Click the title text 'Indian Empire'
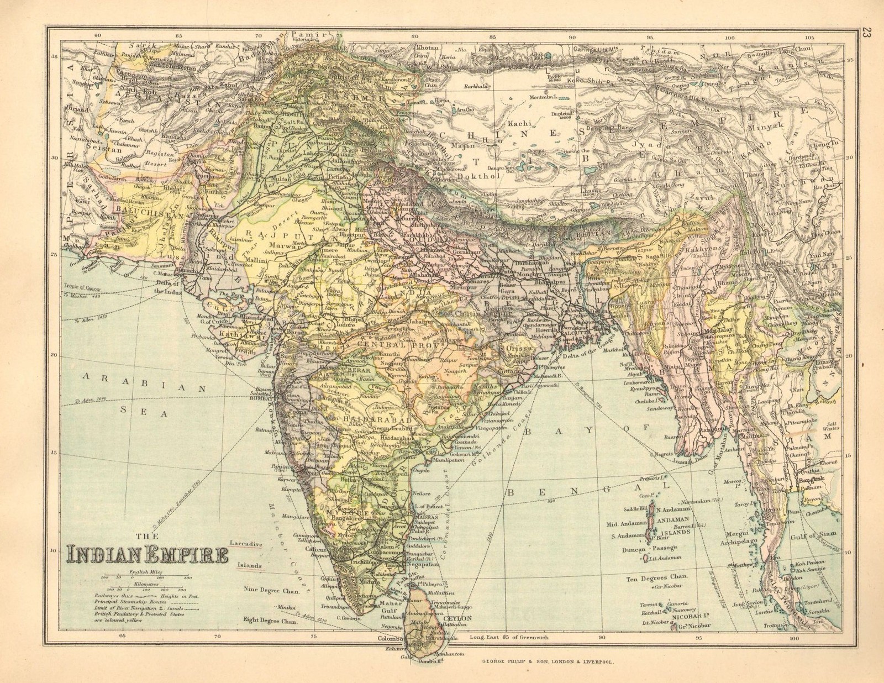(148, 554)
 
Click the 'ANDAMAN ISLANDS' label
(675, 527)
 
